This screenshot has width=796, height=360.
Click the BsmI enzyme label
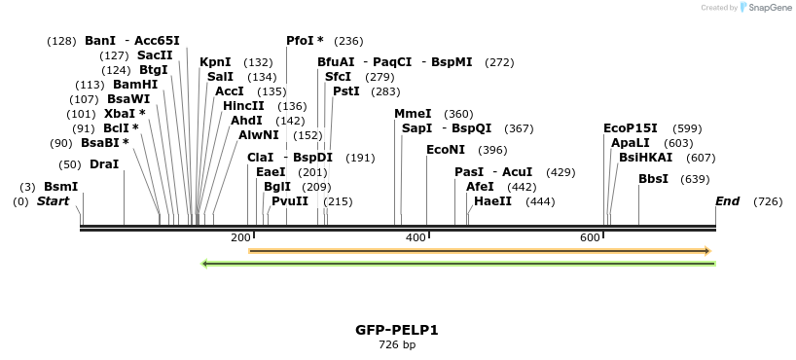pos(60,187)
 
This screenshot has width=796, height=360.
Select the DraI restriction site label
pos(104,164)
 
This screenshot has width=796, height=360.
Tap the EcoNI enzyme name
pos(446,150)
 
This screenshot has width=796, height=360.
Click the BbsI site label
pos(653,179)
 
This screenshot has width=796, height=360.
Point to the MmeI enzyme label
pos(413,114)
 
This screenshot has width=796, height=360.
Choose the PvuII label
pos(290,201)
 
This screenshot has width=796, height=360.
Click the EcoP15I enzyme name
pos(631,128)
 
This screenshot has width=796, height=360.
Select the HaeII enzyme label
pos(492,201)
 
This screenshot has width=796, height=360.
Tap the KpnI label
pos(215,62)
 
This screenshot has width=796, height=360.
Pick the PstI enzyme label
pos(346,91)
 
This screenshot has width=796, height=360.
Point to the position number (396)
pos(492,150)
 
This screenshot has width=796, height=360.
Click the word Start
pos(54,201)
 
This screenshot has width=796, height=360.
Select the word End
pos(727,201)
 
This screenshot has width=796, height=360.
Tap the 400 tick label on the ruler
pos(416,238)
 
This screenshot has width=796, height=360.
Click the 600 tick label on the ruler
pos(590,238)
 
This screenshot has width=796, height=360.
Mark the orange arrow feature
pos(480,251)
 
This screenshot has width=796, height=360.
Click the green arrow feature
pos(457,263)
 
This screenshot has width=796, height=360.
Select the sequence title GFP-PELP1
pos(397,330)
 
